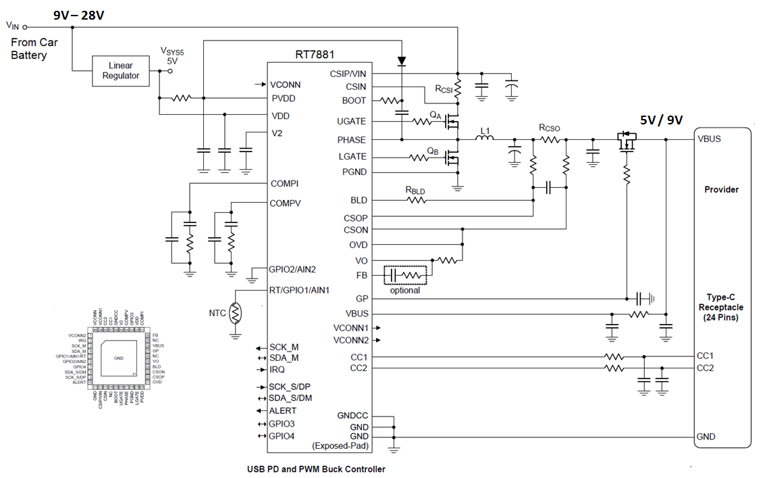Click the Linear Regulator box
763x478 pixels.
121,70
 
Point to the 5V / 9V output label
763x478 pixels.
661,120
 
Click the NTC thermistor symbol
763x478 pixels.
236,312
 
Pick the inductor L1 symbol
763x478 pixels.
484,139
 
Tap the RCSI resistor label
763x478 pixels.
444,89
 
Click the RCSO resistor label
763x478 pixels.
549,128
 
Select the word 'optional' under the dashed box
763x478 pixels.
404,290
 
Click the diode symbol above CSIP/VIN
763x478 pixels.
402,61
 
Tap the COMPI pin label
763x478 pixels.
284,183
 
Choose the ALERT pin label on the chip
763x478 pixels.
283,410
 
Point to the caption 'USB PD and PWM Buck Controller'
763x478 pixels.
316,469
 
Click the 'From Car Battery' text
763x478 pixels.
34,49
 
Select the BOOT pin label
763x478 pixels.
354,100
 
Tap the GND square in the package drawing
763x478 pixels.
119,358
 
